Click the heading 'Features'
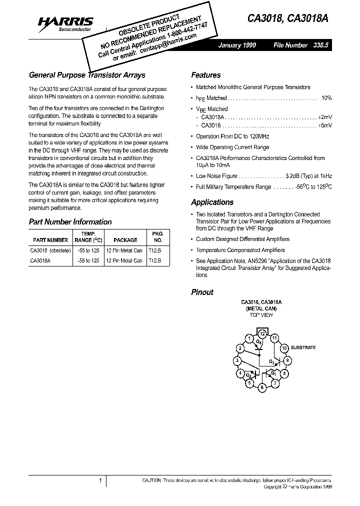click(205, 75)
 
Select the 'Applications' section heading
click(212, 202)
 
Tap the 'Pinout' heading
click(202, 292)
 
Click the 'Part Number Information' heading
click(70, 222)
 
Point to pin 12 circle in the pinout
click(261, 333)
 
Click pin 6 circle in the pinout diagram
click(261, 387)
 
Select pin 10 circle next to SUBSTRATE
click(284, 348)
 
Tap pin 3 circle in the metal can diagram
click(237, 360)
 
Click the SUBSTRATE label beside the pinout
click(303, 347)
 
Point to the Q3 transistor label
click(271, 361)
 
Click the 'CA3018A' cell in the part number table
click(40, 260)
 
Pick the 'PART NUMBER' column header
click(50, 240)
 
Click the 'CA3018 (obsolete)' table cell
click(50, 251)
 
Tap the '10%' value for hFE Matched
click(326, 98)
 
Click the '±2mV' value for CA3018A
click(325, 116)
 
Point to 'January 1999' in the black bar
click(237, 45)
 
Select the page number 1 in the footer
click(100, 480)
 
